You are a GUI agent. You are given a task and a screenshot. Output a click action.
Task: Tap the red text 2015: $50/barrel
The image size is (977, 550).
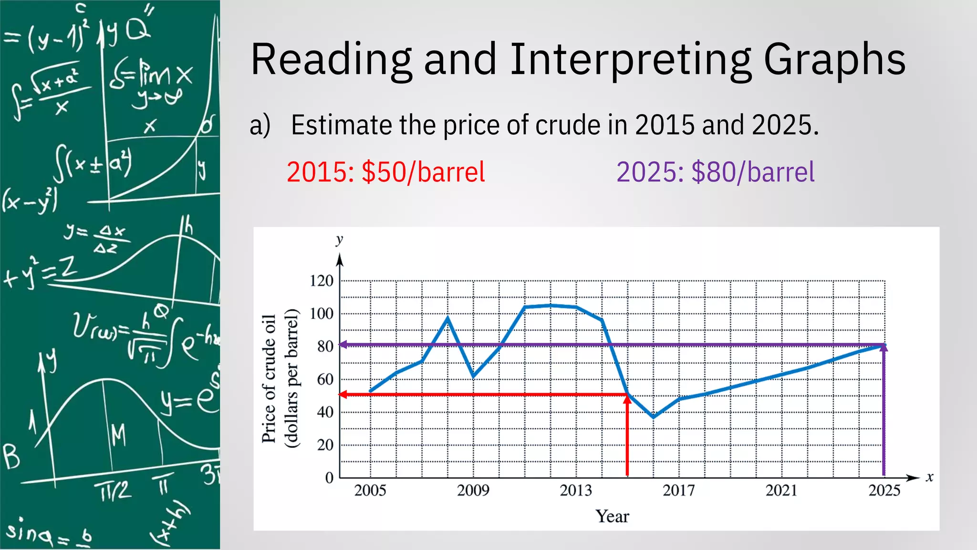click(385, 172)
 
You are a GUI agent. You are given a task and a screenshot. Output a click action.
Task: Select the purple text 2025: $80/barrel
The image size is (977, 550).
click(715, 172)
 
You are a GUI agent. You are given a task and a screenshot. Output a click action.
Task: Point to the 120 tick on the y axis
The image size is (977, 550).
click(322, 281)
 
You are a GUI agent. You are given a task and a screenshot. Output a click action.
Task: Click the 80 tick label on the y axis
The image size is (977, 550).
click(325, 346)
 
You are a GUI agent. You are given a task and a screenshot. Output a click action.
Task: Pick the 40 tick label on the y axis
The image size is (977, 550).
click(325, 412)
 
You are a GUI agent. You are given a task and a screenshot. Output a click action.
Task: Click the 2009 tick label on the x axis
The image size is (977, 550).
click(473, 490)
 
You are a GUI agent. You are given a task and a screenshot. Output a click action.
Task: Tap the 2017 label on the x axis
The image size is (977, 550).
click(678, 490)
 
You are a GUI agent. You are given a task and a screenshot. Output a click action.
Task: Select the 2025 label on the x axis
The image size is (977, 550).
click(884, 490)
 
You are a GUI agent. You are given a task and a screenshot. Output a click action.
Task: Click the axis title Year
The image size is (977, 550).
click(612, 517)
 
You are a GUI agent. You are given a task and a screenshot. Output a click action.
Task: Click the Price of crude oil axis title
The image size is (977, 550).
click(269, 379)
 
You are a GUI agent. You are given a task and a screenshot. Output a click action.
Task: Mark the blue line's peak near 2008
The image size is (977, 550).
click(447, 317)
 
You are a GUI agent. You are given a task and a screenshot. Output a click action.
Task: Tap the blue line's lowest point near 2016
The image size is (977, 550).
click(653, 417)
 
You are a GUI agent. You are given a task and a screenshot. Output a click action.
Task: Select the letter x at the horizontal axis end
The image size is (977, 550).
click(929, 477)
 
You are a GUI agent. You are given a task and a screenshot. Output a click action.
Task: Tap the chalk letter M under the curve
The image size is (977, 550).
click(118, 435)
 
